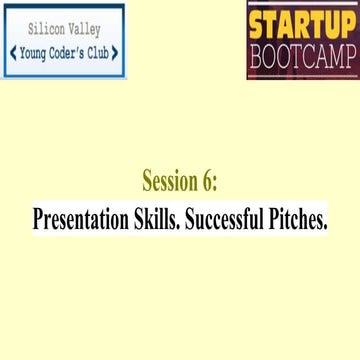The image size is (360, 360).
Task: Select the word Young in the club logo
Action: coord(32,53)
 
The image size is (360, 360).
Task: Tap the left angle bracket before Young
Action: coord(12,53)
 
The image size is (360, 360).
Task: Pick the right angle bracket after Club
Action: coord(118,53)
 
